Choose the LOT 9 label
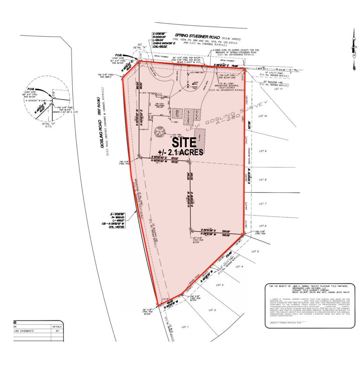click(263, 151)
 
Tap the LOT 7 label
click(263, 204)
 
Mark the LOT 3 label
click(219, 285)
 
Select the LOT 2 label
click(212, 310)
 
